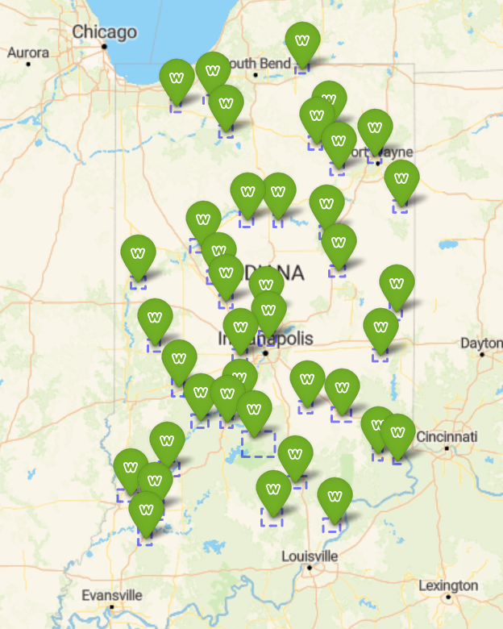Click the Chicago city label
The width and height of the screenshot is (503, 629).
click(x=104, y=32)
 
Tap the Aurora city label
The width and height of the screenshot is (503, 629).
click(x=27, y=52)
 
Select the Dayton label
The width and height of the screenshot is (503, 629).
click(x=481, y=343)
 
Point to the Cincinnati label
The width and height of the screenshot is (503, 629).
click(x=447, y=436)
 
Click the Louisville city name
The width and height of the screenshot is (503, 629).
click(x=310, y=556)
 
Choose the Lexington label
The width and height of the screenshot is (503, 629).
click(x=448, y=585)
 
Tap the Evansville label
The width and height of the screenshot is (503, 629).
click(x=112, y=595)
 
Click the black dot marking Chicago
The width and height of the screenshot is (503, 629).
click(x=104, y=46)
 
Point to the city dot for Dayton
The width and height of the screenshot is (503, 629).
click(x=481, y=353)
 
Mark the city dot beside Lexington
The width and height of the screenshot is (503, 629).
click(x=448, y=598)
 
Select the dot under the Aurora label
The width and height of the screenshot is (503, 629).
click(x=27, y=63)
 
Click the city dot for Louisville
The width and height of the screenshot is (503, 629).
click(x=310, y=568)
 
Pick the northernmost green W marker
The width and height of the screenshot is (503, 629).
click(x=302, y=40)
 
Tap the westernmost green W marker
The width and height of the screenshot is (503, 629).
click(x=131, y=466)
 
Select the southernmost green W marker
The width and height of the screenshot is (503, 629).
click(x=146, y=509)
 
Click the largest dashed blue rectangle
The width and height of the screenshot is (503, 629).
click(x=258, y=444)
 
